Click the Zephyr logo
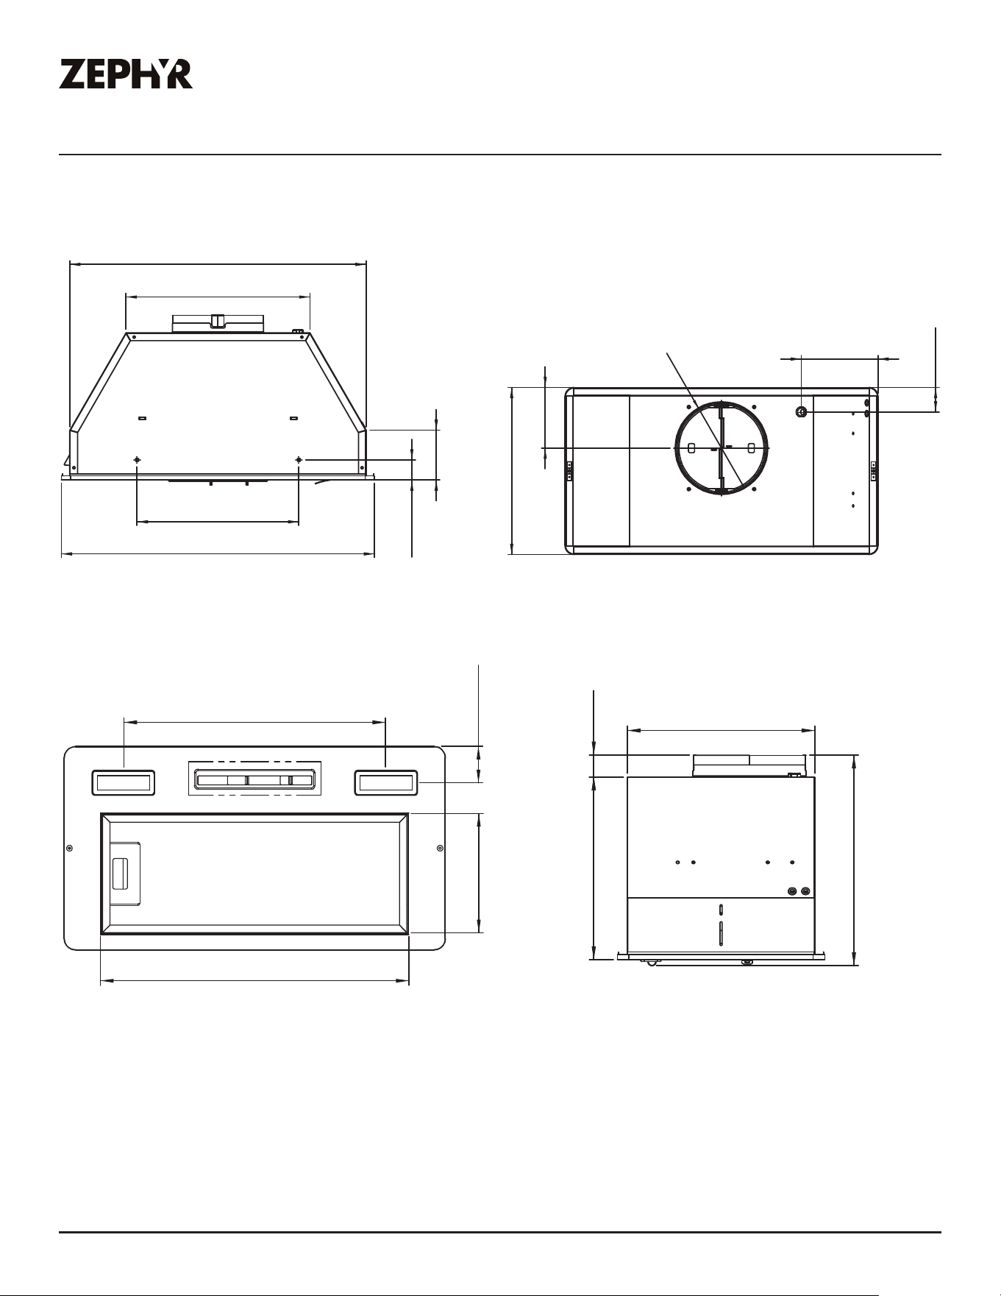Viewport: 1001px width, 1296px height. coord(126,74)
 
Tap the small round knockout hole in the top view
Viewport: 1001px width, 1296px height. coord(802,412)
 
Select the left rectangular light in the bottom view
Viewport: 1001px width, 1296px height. coord(124,782)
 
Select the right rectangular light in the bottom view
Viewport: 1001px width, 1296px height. coord(386,782)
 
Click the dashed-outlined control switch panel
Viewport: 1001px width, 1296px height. coord(255,778)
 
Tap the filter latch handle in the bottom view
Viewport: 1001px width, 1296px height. coord(120,874)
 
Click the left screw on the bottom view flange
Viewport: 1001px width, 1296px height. coord(69,849)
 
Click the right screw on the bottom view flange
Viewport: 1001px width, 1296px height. coord(440,849)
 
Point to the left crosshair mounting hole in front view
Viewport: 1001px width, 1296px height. coord(137,460)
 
